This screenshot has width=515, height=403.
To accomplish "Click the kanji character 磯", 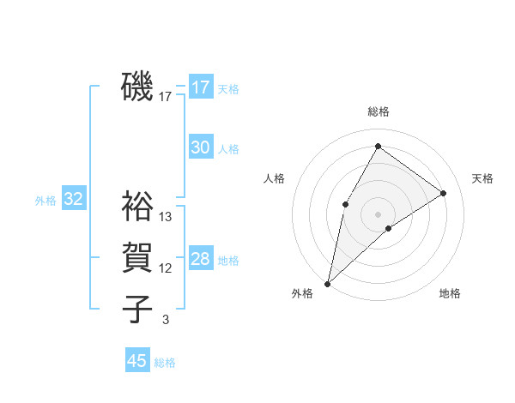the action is click(x=137, y=87).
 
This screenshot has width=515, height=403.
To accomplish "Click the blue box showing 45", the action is click(x=137, y=361).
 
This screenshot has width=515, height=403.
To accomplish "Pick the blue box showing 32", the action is click(x=73, y=200).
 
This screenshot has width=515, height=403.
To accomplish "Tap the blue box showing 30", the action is click(x=201, y=147).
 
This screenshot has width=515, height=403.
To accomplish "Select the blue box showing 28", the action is click(x=201, y=259).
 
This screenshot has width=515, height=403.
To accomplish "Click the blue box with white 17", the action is click(x=201, y=87).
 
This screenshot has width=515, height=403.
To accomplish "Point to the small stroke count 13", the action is click(x=166, y=217).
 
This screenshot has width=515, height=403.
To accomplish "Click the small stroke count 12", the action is click(x=166, y=268).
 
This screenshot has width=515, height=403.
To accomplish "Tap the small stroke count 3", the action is click(x=166, y=320).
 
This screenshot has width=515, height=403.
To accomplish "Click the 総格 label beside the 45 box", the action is click(x=165, y=363).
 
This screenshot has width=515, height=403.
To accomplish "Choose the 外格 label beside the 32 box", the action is click(x=45, y=201).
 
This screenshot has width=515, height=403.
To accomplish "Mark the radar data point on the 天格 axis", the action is click(x=444, y=193).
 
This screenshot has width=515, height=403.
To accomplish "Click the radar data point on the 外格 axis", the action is click(x=327, y=283).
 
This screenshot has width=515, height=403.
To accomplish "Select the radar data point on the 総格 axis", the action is click(x=378, y=147).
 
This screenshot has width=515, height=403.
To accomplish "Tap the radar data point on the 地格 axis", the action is click(x=389, y=228).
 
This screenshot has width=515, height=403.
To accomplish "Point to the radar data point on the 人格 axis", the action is click(x=345, y=203).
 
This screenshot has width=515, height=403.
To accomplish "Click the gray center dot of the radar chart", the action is click(x=378, y=214).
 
